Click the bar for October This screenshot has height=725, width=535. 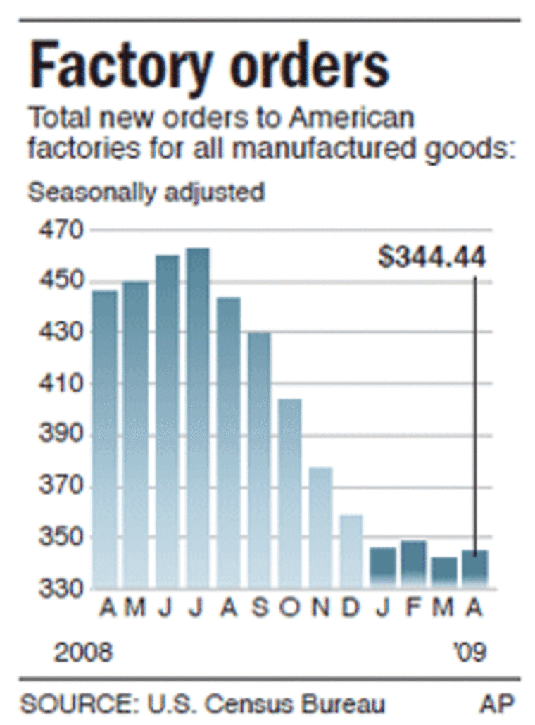[290, 493]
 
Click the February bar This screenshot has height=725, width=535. [413, 564]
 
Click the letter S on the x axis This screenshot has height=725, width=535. [260, 608]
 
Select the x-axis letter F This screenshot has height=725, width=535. [413, 608]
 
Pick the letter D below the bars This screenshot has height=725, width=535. [351, 608]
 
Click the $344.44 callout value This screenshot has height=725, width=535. [432, 257]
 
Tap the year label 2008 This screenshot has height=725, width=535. [83, 652]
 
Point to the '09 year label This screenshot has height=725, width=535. [468, 652]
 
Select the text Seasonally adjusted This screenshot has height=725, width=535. [146, 192]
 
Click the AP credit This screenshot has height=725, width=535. [498, 702]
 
